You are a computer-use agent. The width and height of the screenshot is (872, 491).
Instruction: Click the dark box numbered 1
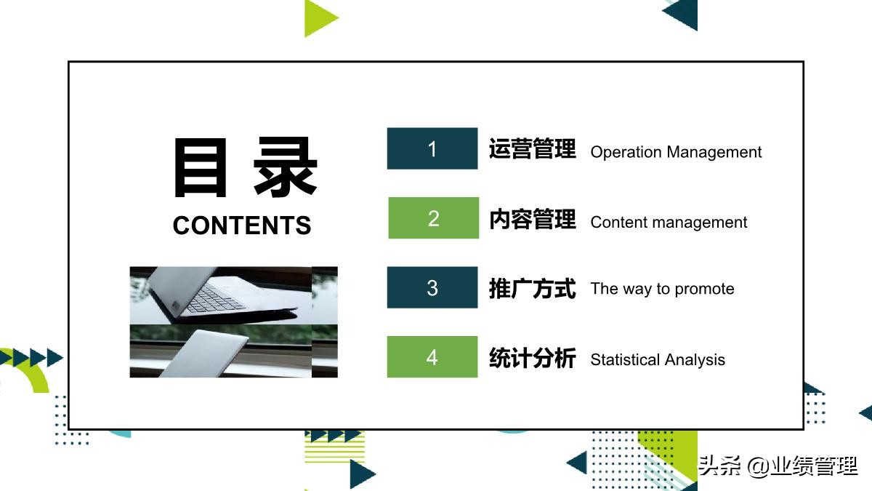click(432, 148)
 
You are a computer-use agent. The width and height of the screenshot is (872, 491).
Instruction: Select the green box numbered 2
click(433, 217)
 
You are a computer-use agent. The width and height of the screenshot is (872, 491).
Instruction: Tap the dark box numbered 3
click(432, 287)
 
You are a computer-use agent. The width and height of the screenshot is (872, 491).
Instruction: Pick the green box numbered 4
click(432, 356)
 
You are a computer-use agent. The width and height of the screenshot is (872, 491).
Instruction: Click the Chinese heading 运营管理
click(532, 149)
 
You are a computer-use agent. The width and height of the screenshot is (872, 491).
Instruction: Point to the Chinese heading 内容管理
click(532, 219)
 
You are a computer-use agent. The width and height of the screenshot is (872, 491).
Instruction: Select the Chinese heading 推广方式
click(532, 289)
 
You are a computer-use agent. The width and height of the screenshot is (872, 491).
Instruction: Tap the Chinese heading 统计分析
click(532, 358)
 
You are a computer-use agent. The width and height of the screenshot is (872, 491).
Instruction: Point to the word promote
click(704, 290)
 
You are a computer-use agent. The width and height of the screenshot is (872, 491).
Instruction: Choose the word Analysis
click(695, 360)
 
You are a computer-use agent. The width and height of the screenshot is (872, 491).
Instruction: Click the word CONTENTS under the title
click(242, 225)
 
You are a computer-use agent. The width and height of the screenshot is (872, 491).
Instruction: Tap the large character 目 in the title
click(201, 169)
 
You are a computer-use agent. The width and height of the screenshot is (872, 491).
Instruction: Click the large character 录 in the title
click(286, 169)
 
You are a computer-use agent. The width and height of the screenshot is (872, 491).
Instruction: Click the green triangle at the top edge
click(320, 17)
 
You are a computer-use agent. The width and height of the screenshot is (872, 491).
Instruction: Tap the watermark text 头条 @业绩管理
click(778, 466)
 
